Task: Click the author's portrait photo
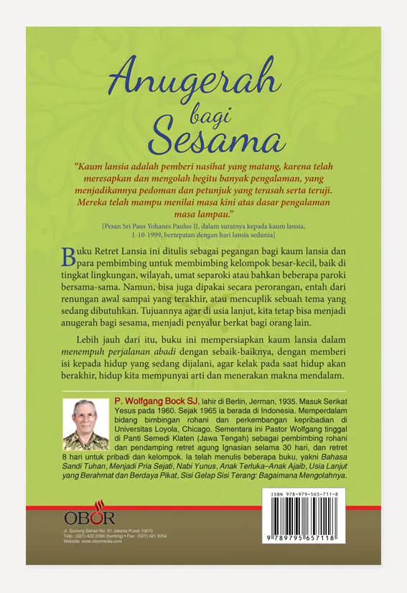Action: click(85, 424)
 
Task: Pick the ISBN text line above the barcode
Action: click(309, 495)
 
